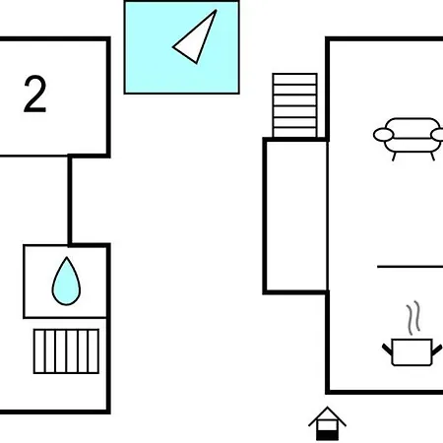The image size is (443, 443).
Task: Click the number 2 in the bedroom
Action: [34, 95]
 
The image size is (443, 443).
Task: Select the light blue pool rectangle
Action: [181, 47]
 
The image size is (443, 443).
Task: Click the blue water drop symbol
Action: [66, 282]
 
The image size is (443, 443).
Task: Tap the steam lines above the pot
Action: [413, 317]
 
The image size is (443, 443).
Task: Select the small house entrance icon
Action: [327, 423]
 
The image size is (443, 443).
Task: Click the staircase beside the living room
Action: [294, 105]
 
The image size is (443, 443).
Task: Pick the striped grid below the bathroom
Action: [66, 351]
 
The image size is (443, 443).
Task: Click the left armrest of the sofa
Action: [383, 135]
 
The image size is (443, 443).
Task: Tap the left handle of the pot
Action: [387, 349]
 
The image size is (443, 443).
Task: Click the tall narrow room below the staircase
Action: [296, 216]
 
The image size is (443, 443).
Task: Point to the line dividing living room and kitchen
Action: [410, 267]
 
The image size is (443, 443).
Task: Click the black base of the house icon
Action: [327, 436]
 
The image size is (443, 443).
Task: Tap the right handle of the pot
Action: [437, 349]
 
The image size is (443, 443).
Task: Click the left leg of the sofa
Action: [395, 157]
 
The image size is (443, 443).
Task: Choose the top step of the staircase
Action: [294, 79]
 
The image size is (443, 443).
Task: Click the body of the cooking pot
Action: [412, 352]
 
